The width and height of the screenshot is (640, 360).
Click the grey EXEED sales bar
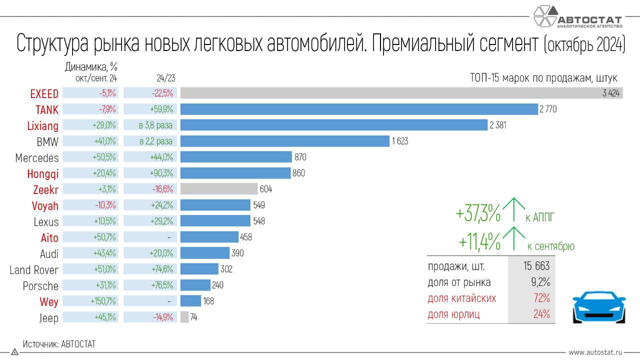pos(400,93)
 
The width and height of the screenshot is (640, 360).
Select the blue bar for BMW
pos(284,141)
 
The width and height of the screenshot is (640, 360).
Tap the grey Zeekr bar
pos(218,189)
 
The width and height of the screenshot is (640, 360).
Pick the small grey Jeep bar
pos(184,317)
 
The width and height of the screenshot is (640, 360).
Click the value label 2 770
pos(548,109)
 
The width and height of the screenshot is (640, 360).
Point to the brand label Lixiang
pos(42,125)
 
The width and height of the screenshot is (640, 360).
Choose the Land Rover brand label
pos(34,270)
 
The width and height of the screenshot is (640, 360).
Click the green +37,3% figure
pos(478,214)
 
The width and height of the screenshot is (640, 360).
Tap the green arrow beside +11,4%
pos(513,238)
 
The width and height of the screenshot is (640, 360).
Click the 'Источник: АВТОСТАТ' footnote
pos(59,344)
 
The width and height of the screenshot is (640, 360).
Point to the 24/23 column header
pos(165,78)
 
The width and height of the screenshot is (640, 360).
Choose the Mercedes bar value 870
pos(300,157)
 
